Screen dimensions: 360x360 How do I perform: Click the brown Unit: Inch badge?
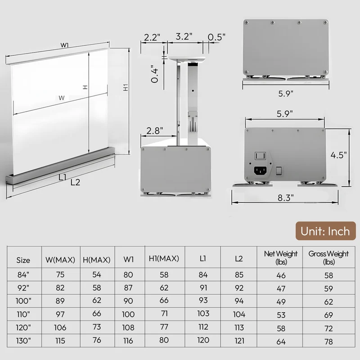[325, 231]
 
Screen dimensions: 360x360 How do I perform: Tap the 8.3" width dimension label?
[286, 198]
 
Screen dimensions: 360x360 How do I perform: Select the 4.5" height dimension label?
[338, 155]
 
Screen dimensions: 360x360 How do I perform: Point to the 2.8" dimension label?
[155, 131]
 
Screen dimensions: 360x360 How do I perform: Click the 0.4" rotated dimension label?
[155, 74]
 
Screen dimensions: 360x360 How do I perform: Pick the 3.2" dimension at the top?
[184, 36]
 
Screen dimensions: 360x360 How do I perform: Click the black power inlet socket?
[261, 171]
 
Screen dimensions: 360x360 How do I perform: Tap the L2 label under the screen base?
[75, 182]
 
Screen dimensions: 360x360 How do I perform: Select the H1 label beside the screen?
[126, 87]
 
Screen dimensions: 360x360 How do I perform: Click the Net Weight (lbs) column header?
[280, 257]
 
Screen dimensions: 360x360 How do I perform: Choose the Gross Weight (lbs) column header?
[328, 257]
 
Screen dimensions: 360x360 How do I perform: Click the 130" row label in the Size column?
[23, 341]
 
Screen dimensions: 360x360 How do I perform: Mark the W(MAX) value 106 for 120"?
[60, 328]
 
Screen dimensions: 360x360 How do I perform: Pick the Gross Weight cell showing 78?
[328, 342]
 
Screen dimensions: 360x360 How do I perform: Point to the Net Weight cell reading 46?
[281, 275]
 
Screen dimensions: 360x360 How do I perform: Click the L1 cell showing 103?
[203, 313]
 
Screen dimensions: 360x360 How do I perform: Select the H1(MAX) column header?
[164, 258]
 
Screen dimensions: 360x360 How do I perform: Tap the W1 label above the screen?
[64, 45]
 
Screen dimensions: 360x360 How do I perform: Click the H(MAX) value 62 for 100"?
[97, 300]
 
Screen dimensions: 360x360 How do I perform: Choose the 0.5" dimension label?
[216, 37]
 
